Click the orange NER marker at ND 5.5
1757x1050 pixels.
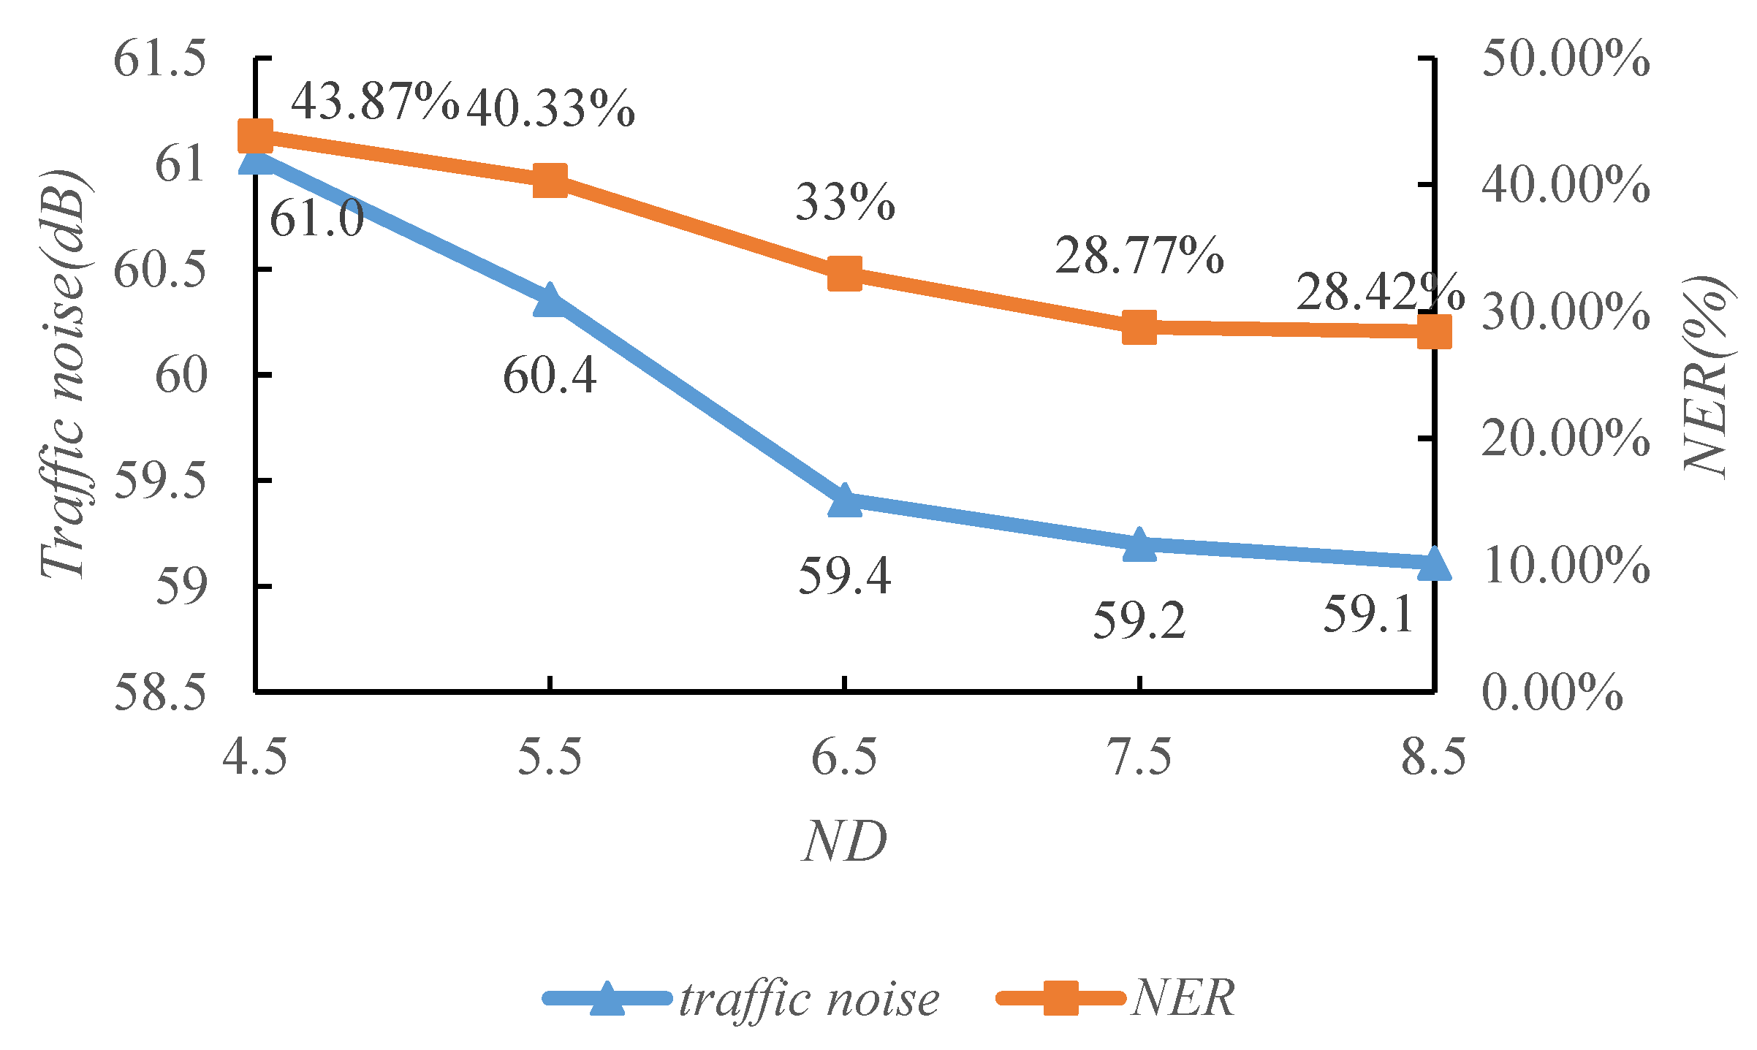pyautogui.click(x=550, y=180)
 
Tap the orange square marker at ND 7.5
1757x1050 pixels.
pyautogui.click(x=1139, y=327)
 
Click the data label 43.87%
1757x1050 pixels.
pyautogui.click(x=375, y=102)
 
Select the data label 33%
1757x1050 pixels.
pyautogui.click(x=845, y=202)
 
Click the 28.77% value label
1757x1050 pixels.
pyautogui.click(x=1139, y=256)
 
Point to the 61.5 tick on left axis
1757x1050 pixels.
pyautogui.click(x=160, y=58)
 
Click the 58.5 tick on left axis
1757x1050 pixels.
pyautogui.click(x=160, y=691)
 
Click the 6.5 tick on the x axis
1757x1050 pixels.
pyautogui.click(x=845, y=756)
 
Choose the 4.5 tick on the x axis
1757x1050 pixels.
pyautogui.click(x=255, y=756)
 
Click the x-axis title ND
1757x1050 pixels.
pyautogui.click(x=845, y=842)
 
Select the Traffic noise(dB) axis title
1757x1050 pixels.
pyautogui.click(x=64, y=374)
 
